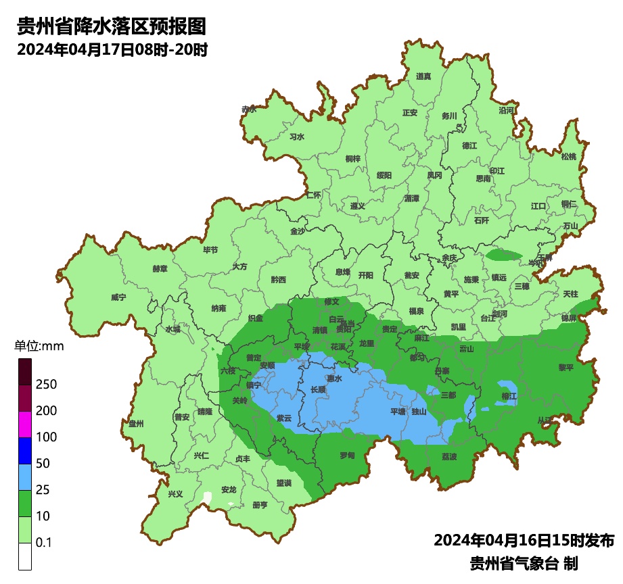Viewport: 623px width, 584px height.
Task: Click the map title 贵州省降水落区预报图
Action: coord(110,27)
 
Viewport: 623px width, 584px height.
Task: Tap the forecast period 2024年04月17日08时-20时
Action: coord(112,50)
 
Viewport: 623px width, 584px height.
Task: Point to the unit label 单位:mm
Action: coord(39,347)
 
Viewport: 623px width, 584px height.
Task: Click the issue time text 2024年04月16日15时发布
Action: coord(524,541)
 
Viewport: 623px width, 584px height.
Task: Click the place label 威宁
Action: coord(118,297)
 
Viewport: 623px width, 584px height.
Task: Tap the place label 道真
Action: coord(423,76)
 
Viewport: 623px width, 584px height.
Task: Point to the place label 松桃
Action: coord(569,157)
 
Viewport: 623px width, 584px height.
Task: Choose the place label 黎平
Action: coord(547,368)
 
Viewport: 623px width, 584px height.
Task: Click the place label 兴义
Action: coord(176,493)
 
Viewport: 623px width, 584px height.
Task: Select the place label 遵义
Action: coord(357,205)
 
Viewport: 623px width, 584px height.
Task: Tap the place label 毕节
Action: coord(210,250)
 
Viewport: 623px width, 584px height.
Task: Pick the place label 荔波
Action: coord(449,456)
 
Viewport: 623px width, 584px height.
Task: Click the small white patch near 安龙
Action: coord(208,499)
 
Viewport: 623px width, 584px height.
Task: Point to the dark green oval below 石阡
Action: coord(504,255)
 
